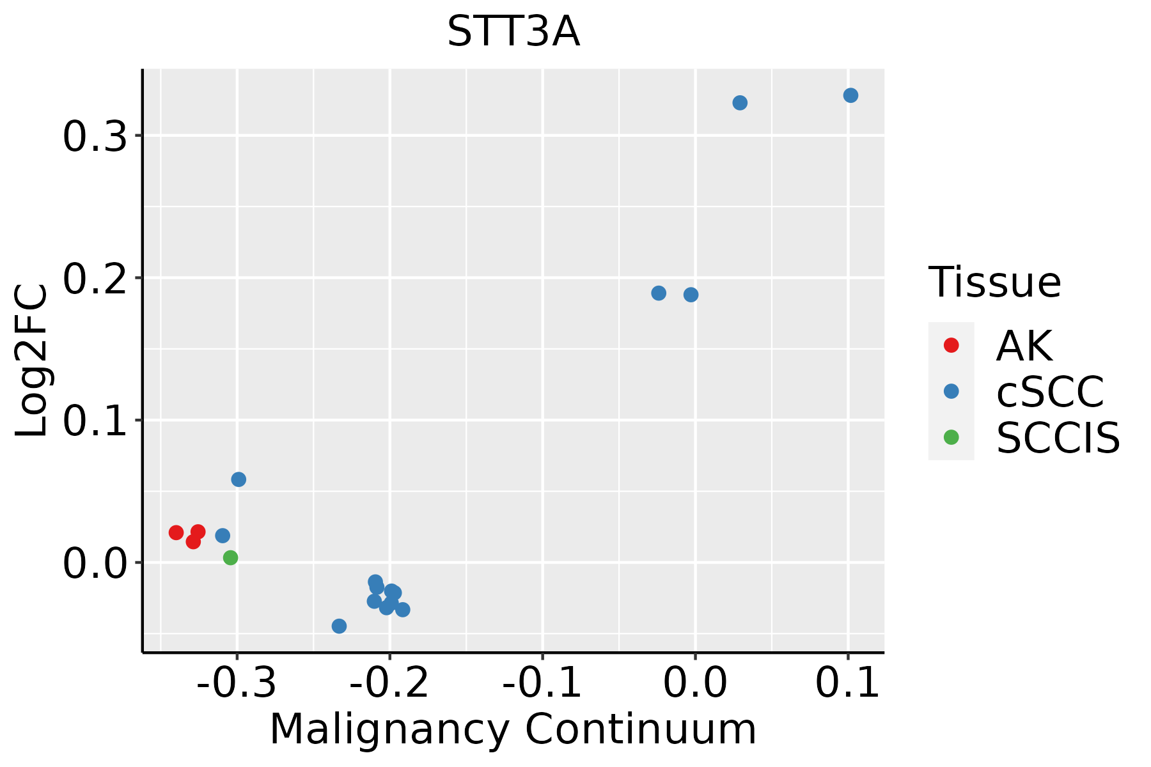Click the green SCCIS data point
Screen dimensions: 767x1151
pyautogui.click(x=231, y=558)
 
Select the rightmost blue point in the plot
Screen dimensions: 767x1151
pyautogui.click(x=850, y=95)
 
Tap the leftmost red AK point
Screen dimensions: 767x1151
pyautogui.click(x=176, y=532)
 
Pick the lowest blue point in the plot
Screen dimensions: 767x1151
pyautogui.click(x=340, y=626)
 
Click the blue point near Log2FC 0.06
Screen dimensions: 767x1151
pyautogui.click(x=239, y=479)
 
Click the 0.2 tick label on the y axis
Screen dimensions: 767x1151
pyautogui.click(x=95, y=279)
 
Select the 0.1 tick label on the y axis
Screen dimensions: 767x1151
pyautogui.click(x=95, y=421)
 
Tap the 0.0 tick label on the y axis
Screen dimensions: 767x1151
pyautogui.click(x=95, y=564)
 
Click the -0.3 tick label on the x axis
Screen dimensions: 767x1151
pyautogui.click(x=237, y=683)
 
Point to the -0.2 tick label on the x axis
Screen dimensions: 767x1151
pyautogui.click(x=389, y=683)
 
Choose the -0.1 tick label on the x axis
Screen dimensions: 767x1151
pyautogui.click(x=542, y=683)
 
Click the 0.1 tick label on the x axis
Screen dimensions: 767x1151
pyautogui.click(x=848, y=683)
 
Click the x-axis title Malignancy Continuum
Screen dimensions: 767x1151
pyautogui.click(x=513, y=729)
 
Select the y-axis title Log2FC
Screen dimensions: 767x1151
pyautogui.click(x=32, y=361)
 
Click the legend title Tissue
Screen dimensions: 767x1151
pyautogui.click(x=995, y=282)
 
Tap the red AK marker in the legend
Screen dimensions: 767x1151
pyautogui.click(x=951, y=345)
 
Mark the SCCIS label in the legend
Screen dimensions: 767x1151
pyautogui.click(x=1058, y=438)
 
